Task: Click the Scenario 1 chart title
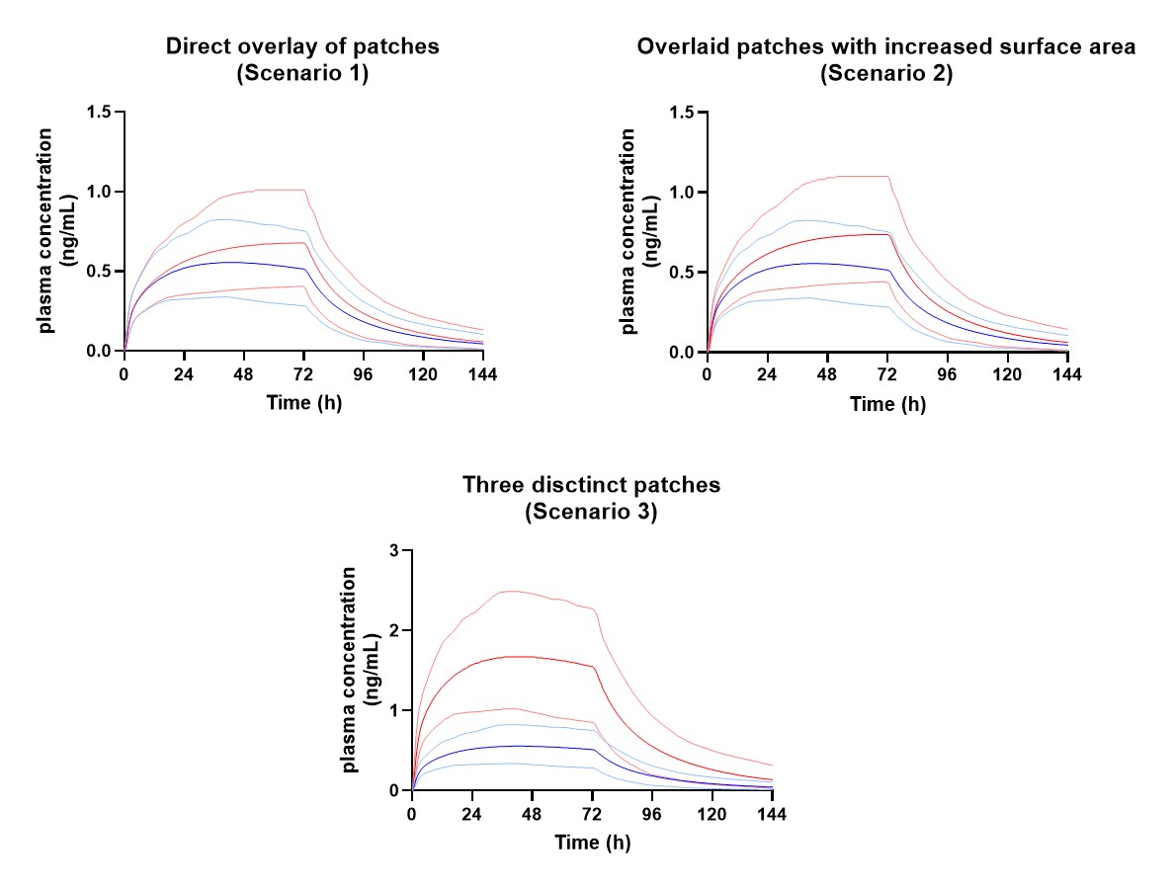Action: (x=302, y=59)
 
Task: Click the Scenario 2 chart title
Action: (x=885, y=59)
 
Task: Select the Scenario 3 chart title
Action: (x=591, y=498)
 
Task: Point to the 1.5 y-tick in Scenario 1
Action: (x=99, y=112)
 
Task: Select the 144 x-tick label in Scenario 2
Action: (x=1067, y=374)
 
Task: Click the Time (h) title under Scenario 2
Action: (x=887, y=404)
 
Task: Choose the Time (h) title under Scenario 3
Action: (x=592, y=844)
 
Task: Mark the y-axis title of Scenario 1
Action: (x=57, y=231)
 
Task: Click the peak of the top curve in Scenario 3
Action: (x=508, y=591)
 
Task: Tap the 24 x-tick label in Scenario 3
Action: (x=472, y=814)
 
